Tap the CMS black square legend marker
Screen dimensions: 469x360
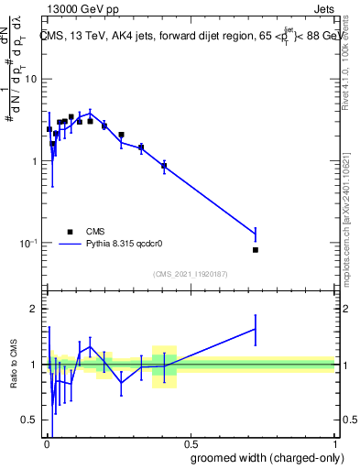click(x=69, y=232)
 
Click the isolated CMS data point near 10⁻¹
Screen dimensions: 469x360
click(x=256, y=250)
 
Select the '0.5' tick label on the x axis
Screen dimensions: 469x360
click(x=190, y=443)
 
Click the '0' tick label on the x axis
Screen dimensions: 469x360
click(x=47, y=443)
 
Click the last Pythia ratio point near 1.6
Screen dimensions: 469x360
click(x=256, y=329)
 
